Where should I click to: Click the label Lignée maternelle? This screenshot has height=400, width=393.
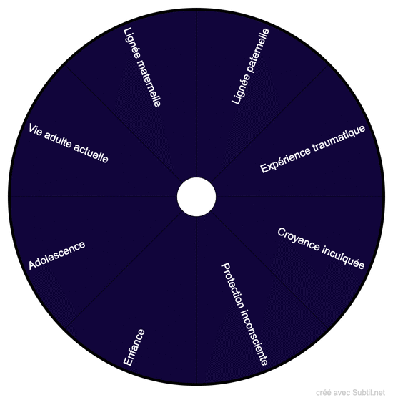(x=142, y=67)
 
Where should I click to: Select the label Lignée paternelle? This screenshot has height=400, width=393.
(x=250, y=67)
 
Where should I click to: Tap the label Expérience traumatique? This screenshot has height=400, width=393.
(x=313, y=149)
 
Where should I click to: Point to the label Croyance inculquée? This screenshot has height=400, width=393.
(x=321, y=248)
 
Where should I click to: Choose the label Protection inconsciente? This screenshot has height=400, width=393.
(x=244, y=314)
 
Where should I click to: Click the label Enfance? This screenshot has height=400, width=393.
(x=134, y=348)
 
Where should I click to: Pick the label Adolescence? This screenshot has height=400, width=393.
(x=56, y=255)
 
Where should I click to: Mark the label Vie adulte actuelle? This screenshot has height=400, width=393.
(x=69, y=143)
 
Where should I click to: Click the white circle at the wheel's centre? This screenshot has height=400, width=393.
(x=196, y=197)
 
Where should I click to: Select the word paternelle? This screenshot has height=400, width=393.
(x=258, y=51)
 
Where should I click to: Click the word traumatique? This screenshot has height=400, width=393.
(x=339, y=138)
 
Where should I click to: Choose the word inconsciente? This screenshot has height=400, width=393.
(x=254, y=338)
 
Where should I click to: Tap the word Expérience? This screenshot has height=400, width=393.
(x=285, y=160)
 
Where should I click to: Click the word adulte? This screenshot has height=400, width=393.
(x=58, y=139)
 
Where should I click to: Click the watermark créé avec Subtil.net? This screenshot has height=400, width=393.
(x=350, y=393)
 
